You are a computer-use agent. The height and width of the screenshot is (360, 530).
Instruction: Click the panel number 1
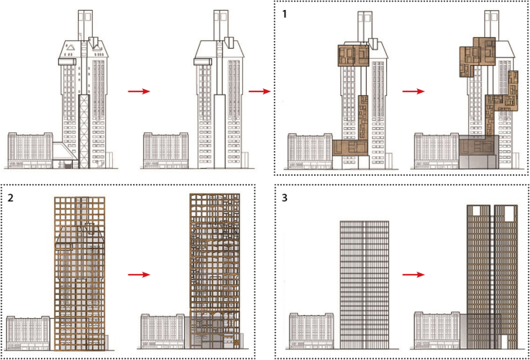(285, 12)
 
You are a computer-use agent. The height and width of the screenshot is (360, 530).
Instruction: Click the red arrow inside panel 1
(414, 91)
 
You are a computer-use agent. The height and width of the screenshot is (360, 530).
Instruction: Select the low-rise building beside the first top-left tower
(29, 150)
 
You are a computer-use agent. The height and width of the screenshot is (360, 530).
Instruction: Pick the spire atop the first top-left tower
(85, 23)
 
